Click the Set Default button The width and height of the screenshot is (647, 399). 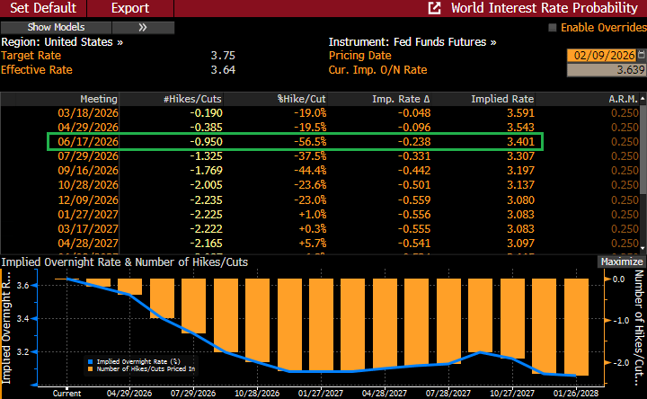coord(43,8)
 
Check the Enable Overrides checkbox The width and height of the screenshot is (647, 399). coord(552,27)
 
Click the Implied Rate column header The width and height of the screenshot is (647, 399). coord(502,98)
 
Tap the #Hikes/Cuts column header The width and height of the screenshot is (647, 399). coord(192,98)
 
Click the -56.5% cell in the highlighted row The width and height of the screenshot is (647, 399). coord(309,142)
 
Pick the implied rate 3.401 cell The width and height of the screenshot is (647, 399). coord(516,142)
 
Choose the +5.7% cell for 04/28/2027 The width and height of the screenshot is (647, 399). coord(311,243)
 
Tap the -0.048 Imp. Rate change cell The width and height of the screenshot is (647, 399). coord(412,113)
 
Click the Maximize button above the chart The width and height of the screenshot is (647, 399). coord(621,262)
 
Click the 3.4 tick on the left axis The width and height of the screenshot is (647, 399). coord(22,319)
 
